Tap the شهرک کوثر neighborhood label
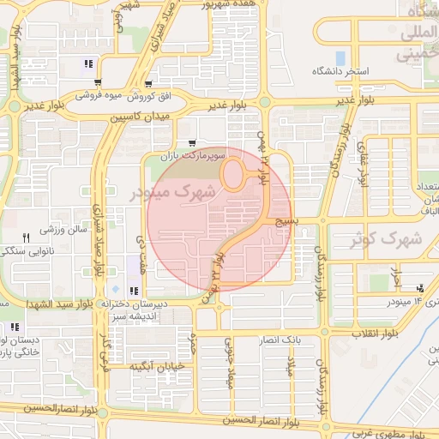(x=382, y=239)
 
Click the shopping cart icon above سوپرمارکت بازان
(x=190, y=143)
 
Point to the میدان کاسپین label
(x=141, y=115)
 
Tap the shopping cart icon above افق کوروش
(x=149, y=84)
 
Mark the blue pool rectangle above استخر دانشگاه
(x=341, y=37)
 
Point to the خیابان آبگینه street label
(x=158, y=367)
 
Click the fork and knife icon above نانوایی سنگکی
(x=26, y=238)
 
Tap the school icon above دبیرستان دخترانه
(x=132, y=290)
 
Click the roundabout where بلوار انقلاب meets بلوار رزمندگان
(x=324, y=329)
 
